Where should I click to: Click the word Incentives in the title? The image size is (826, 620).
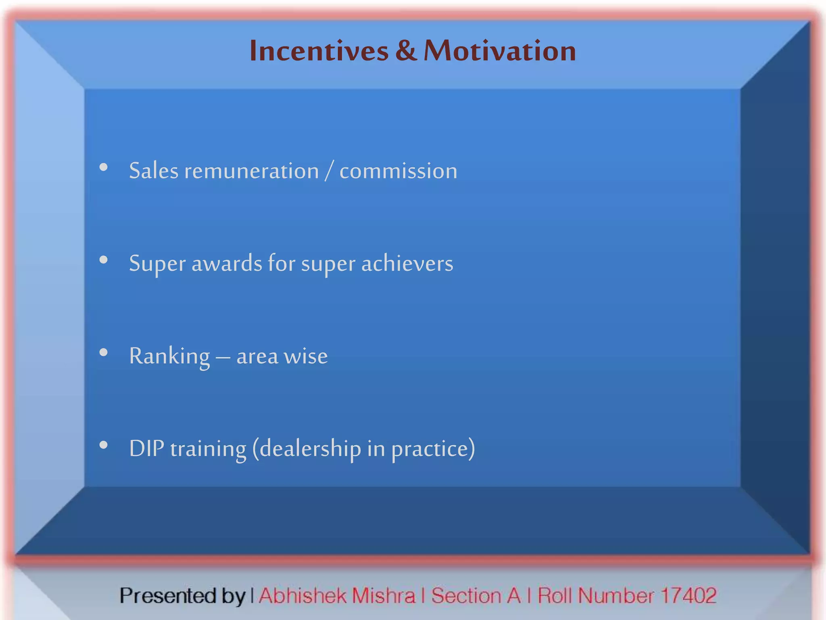tap(319, 51)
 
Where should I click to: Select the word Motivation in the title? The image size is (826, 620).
tap(500, 51)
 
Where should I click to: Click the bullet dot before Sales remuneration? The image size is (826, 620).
tap(104, 167)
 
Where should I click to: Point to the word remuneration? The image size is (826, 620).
tap(252, 171)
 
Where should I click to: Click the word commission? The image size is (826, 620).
tap(398, 171)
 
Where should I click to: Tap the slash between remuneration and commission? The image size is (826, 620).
tap(329, 171)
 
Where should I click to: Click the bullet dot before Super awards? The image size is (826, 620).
tap(104, 260)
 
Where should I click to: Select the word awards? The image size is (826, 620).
tap(227, 264)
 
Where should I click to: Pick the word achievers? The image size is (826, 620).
tap(407, 264)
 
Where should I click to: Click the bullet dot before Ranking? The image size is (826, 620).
tap(104, 352)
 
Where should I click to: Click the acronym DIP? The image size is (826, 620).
tap(146, 448)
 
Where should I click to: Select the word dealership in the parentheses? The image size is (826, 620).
tap(310, 448)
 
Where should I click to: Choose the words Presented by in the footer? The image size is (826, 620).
tap(182, 596)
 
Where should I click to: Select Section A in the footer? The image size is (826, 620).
tap(476, 596)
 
